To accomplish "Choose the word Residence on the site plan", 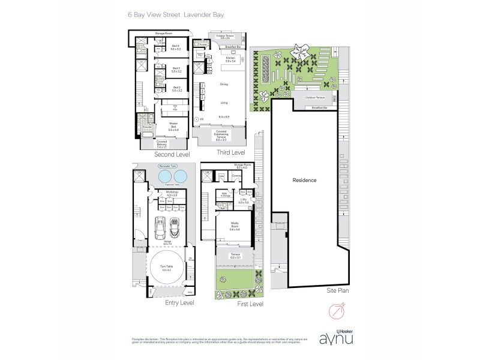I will click(304, 180).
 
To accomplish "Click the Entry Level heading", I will click(179, 303).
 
